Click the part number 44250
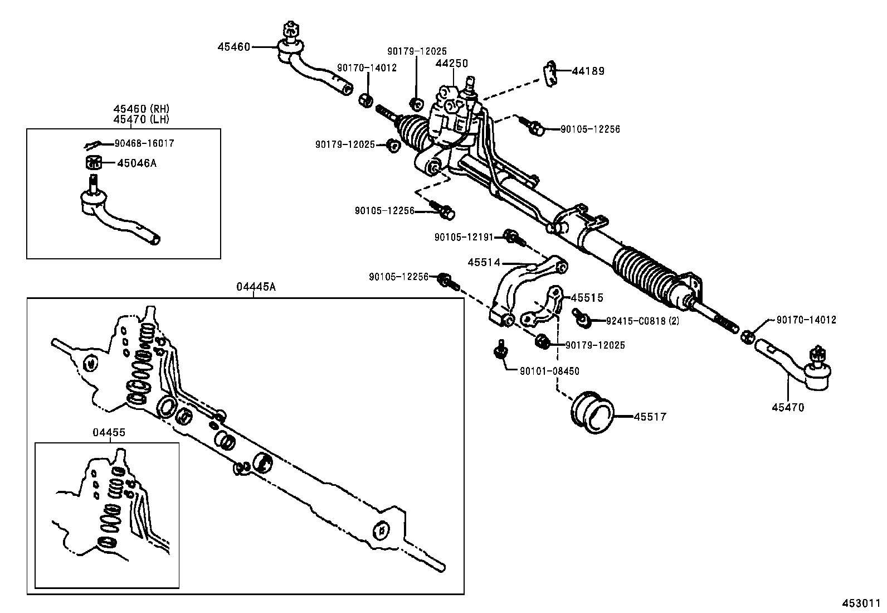(451, 64)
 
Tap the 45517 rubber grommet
(592, 413)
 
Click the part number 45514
(484, 262)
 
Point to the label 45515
(587, 298)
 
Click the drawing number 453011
(860, 603)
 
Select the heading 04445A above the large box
(256, 287)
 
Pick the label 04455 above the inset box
(109, 433)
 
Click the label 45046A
(137, 163)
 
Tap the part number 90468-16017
(144, 143)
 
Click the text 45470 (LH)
(142, 119)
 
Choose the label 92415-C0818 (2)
(642, 321)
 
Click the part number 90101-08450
(549, 371)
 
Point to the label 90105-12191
(464, 237)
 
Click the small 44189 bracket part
(550, 73)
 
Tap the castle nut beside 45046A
(92, 163)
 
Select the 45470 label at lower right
(788, 408)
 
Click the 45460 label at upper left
(233, 47)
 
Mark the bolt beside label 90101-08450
(500, 350)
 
